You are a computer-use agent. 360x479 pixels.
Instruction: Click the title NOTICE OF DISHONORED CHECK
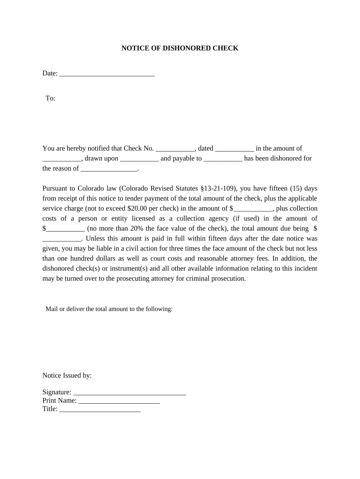tap(180, 48)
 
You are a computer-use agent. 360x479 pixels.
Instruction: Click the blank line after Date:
tap(107, 73)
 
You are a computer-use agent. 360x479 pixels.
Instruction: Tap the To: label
tap(50, 98)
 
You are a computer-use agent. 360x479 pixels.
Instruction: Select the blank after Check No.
tap(175, 149)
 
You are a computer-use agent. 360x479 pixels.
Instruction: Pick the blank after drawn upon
tap(139, 159)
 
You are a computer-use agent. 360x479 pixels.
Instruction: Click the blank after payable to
tap(223, 159)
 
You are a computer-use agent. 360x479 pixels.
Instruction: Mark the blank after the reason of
tap(109, 168)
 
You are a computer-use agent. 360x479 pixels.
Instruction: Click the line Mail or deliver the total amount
tap(109, 309)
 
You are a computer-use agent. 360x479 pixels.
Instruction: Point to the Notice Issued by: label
tap(67, 375)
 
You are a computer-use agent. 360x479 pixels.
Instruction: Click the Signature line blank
tap(130, 392)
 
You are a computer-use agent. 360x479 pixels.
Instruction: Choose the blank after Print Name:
tap(119, 401)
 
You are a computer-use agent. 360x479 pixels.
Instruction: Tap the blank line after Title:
tap(100, 409)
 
